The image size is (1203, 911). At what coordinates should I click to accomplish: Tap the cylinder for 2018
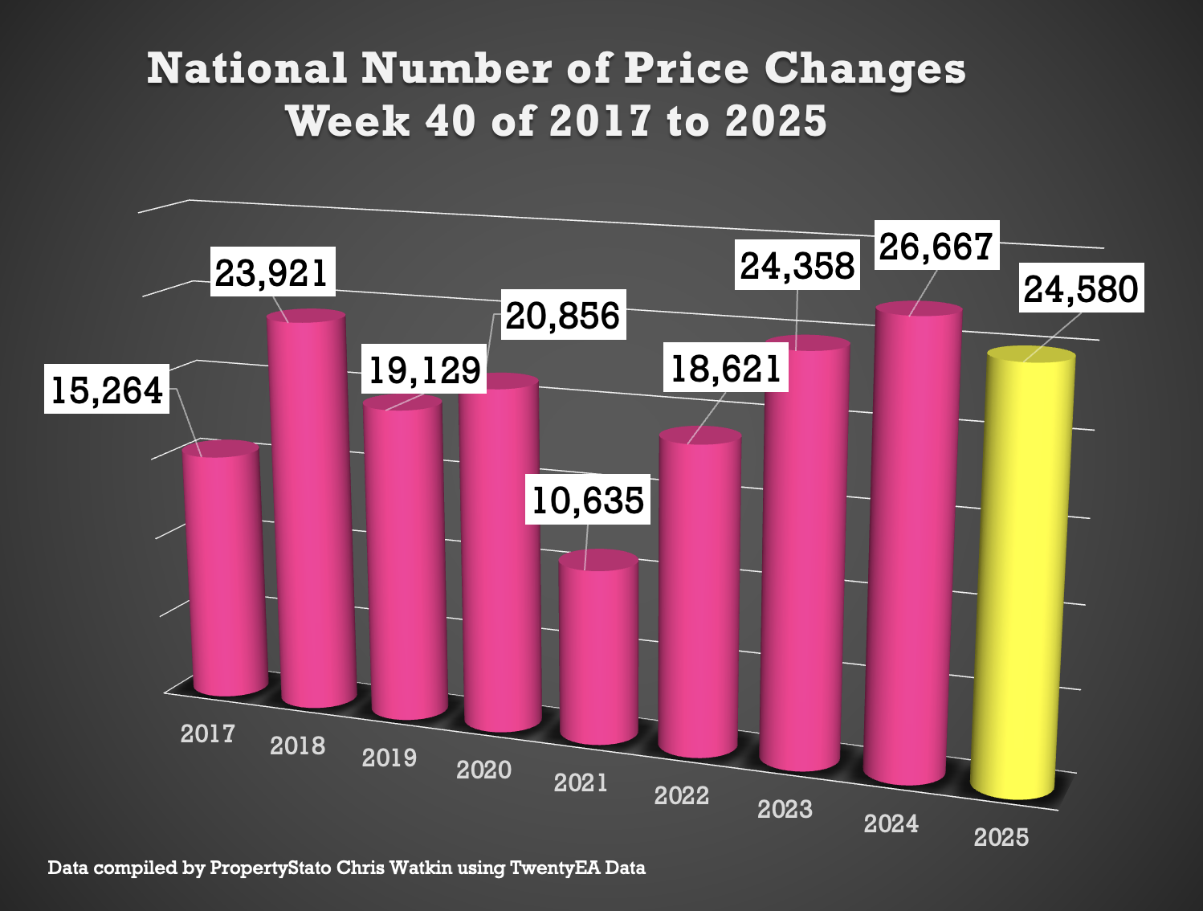click(x=312, y=514)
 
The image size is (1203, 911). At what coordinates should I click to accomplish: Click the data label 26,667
click(x=936, y=246)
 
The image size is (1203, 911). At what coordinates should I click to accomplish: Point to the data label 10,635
click(x=588, y=500)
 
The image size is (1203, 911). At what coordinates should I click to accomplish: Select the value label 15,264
click(x=107, y=390)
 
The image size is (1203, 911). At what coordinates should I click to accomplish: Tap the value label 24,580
click(x=1081, y=289)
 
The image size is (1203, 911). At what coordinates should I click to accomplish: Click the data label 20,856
click(x=563, y=316)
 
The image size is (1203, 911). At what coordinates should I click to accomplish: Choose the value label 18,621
click(x=726, y=369)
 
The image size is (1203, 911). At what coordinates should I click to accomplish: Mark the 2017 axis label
click(x=207, y=733)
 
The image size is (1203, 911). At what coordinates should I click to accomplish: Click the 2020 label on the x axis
click(x=483, y=770)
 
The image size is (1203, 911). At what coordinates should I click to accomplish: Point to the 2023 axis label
click(x=785, y=809)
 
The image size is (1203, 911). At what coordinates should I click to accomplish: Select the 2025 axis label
click(x=1001, y=837)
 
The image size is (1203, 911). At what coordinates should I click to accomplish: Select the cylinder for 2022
click(x=699, y=594)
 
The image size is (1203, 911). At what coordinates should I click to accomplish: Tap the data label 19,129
click(x=424, y=370)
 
